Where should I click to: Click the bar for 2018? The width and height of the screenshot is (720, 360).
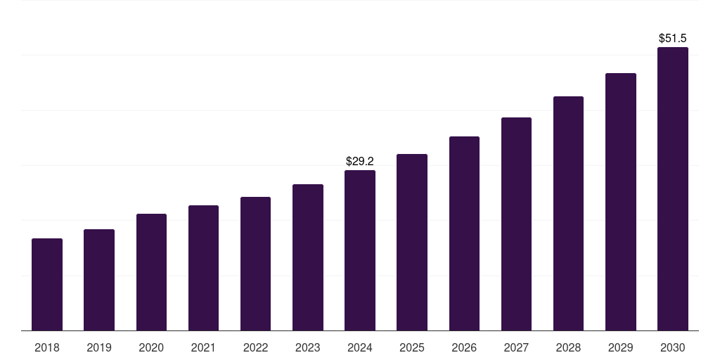(47, 285)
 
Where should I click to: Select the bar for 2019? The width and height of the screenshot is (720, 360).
(99, 280)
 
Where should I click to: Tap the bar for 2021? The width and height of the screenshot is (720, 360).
(203, 268)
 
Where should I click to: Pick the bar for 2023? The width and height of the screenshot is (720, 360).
(308, 257)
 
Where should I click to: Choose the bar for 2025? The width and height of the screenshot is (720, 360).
(412, 243)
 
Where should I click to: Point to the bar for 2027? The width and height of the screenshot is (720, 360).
(516, 224)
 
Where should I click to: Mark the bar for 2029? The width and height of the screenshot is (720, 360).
(621, 202)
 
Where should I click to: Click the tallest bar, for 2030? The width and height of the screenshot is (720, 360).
(673, 189)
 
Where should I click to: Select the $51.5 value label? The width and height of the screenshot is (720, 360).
(673, 38)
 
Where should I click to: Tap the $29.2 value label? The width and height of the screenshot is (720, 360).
(360, 161)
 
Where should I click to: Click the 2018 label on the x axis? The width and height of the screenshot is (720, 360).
(47, 347)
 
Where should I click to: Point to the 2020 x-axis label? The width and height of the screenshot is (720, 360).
(151, 347)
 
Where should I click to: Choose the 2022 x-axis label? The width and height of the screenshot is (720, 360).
(256, 347)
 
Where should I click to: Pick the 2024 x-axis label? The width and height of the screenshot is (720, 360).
(360, 347)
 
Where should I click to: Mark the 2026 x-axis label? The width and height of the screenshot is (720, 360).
(464, 347)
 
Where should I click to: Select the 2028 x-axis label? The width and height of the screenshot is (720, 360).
(568, 347)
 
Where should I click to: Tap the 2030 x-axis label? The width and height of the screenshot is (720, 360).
(673, 347)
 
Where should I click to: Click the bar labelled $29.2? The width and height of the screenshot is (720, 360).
(360, 250)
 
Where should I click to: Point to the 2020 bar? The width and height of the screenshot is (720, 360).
(151, 272)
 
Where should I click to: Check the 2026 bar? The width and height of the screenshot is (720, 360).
(464, 233)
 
